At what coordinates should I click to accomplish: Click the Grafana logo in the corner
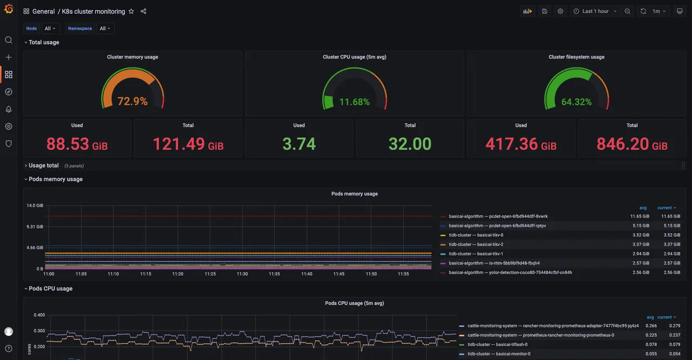pyautogui.click(x=9, y=9)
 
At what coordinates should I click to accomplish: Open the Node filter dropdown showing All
pyautogui.click(x=50, y=29)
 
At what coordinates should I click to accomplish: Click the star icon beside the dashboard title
pyautogui.click(x=131, y=11)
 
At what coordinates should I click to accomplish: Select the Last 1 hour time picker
pyautogui.click(x=595, y=11)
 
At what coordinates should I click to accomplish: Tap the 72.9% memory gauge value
pyautogui.click(x=132, y=101)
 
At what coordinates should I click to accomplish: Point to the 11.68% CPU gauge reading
pyautogui.click(x=355, y=102)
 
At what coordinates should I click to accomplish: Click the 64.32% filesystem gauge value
pyautogui.click(x=576, y=102)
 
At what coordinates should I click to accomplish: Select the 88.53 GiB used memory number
pyautogui.click(x=77, y=144)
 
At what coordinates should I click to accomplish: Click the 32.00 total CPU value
pyautogui.click(x=410, y=144)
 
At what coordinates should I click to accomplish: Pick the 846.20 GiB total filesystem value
pyautogui.click(x=631, y=144)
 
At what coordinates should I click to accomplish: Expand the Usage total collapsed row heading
pyautogui.click(x=43, y=165)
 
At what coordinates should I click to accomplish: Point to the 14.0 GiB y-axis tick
pyautogui.click(x=35, y=205)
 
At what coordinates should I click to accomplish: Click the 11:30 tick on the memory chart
pyautogui.click(x=242, y=274)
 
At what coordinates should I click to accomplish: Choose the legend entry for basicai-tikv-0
pyautogui.click(x=476, y=235)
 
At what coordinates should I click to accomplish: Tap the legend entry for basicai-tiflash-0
pyautogui.click(x=497, y=344)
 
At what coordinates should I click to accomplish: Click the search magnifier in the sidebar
pyautogui.click(x=9, y=40)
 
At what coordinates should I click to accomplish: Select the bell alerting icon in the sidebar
pyautogui.click(x=9, y=109)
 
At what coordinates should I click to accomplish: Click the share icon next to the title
pyautogui.click(x=143, y=11)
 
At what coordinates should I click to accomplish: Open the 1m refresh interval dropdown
pyautogui.click(x=659, y=11)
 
